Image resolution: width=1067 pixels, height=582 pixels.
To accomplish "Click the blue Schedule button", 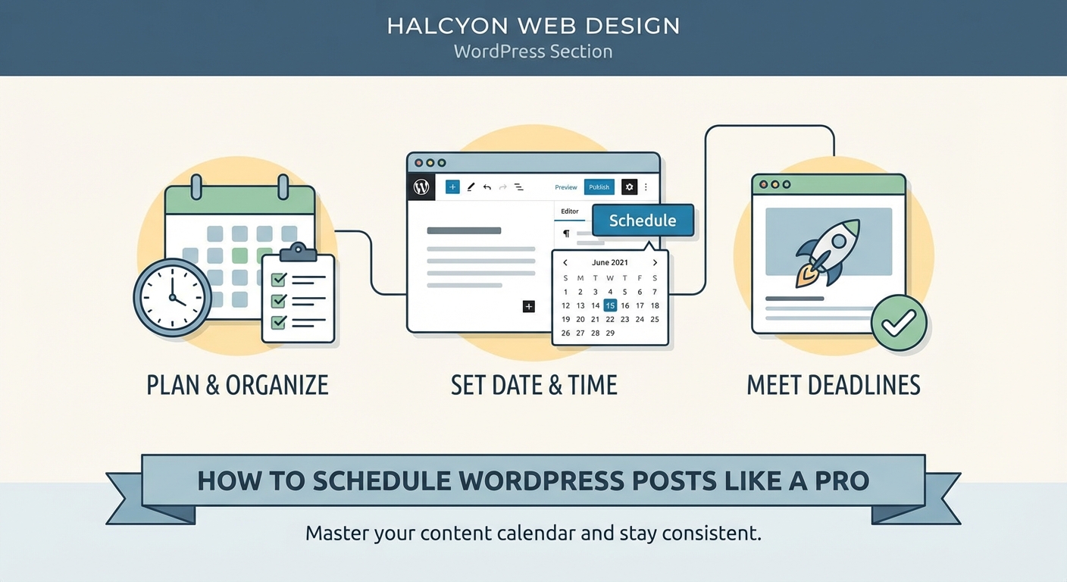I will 643,221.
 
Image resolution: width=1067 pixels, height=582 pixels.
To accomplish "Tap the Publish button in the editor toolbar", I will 599,187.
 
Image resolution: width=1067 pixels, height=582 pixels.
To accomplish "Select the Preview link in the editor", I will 565,187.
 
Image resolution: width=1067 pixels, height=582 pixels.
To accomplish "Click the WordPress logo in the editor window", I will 421,187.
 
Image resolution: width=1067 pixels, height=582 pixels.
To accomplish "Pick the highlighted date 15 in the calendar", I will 610,305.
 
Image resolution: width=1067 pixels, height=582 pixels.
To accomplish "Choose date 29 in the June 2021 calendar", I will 610,333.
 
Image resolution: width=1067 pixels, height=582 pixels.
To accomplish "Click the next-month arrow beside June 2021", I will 655,262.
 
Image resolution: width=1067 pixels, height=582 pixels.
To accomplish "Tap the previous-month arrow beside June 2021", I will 565,262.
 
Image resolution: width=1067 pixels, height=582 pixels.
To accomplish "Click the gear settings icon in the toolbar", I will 629,187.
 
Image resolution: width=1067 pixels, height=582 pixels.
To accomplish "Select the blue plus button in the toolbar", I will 452,187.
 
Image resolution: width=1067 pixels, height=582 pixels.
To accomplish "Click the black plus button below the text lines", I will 529,306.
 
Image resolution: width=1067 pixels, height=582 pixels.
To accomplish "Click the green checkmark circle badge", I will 899,323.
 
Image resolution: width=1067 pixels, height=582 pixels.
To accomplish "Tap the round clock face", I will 172,297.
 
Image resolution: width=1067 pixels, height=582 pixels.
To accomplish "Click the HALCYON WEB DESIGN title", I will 533,25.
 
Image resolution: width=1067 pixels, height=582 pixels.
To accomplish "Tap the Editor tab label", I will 570,211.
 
